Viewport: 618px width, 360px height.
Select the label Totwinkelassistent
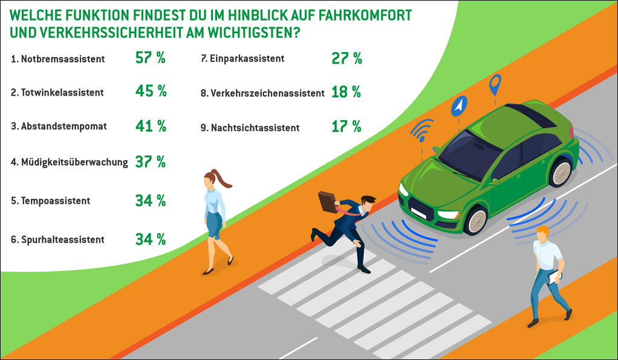[x=62, y=93]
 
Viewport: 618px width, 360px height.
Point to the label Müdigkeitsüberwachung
[x=70, y=162]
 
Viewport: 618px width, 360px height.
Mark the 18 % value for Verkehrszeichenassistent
[x=346, y=93]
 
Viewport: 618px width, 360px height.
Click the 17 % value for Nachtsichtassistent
[x=346, y=126]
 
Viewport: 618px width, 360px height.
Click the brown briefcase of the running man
[x=327, y=201]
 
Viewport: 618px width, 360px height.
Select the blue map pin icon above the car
[x=495, y=85]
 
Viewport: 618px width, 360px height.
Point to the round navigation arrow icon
[x=459, y=106]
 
